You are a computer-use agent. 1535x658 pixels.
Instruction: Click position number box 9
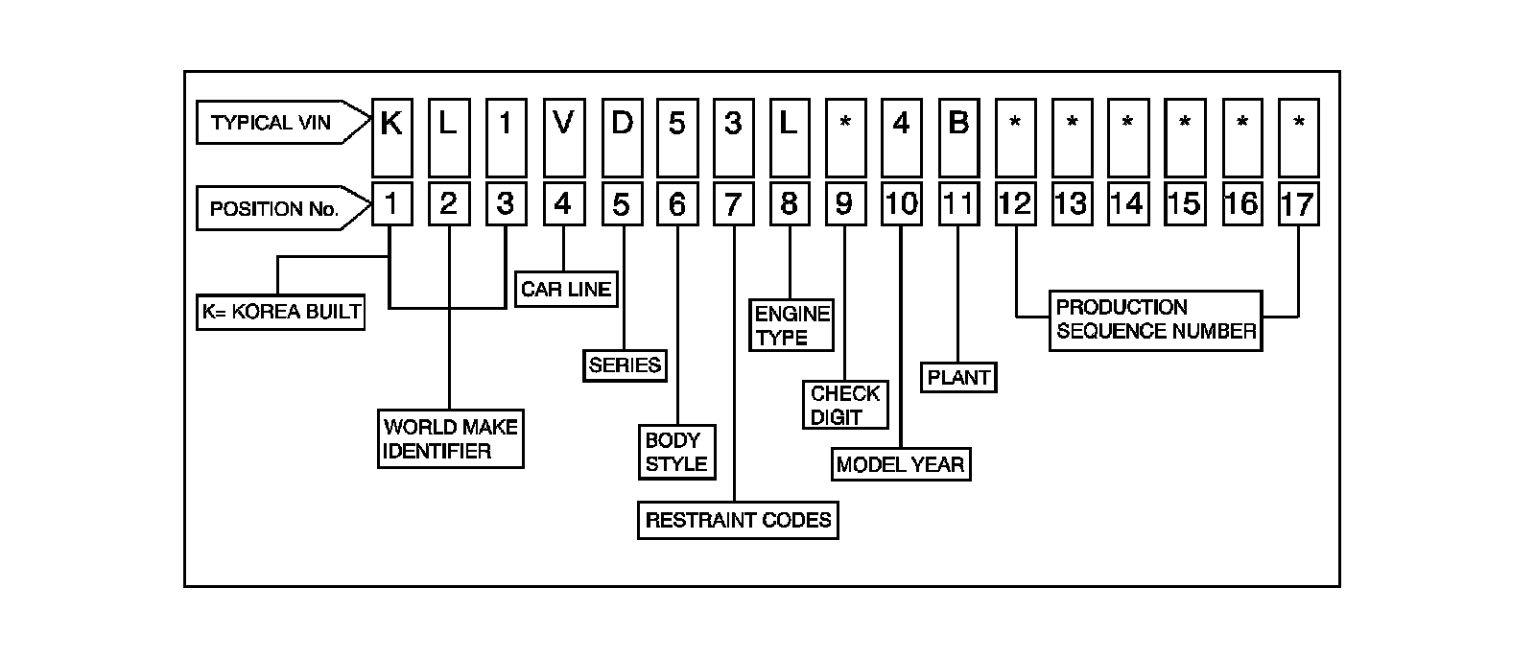point(844,203)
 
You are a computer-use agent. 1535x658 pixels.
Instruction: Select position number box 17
point(1298,203)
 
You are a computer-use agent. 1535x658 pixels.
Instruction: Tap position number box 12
point(1015,203)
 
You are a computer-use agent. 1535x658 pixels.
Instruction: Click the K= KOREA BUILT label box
point(281,312)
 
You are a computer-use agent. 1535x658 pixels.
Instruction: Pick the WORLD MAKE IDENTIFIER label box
point(451,439)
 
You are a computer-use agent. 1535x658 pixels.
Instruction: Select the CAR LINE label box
point(566,289)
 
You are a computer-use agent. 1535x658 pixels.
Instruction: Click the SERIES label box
point(625,365)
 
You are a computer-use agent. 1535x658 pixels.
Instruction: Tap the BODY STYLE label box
point(676,452)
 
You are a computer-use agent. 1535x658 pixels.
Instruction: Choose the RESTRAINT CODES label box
point(738,520)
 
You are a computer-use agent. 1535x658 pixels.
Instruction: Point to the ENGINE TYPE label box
point(791,325)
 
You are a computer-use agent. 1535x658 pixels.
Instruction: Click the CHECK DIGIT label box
point(845,405)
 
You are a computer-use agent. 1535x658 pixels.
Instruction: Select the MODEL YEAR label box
point(900,464)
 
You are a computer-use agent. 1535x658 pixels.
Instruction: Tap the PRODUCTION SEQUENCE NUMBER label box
point(1155,320)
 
